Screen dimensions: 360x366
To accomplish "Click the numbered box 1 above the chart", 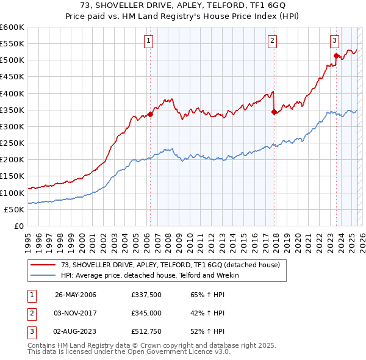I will [x=149, y=41].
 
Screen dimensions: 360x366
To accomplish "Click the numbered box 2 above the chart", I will [x=272, y=41].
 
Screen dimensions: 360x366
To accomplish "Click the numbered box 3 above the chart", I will [x=335, y=41].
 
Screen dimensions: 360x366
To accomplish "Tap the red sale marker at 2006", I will [x=150, y=114].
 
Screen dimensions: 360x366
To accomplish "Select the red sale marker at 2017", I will [x=274, y=112].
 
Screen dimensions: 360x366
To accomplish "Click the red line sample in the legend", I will [x=44, y=265].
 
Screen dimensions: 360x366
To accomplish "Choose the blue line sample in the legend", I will [x=44, y=275].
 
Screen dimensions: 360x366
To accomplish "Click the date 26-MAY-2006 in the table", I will [x=76, y=295].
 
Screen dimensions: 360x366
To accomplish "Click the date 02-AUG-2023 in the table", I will [x=76, y=331].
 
